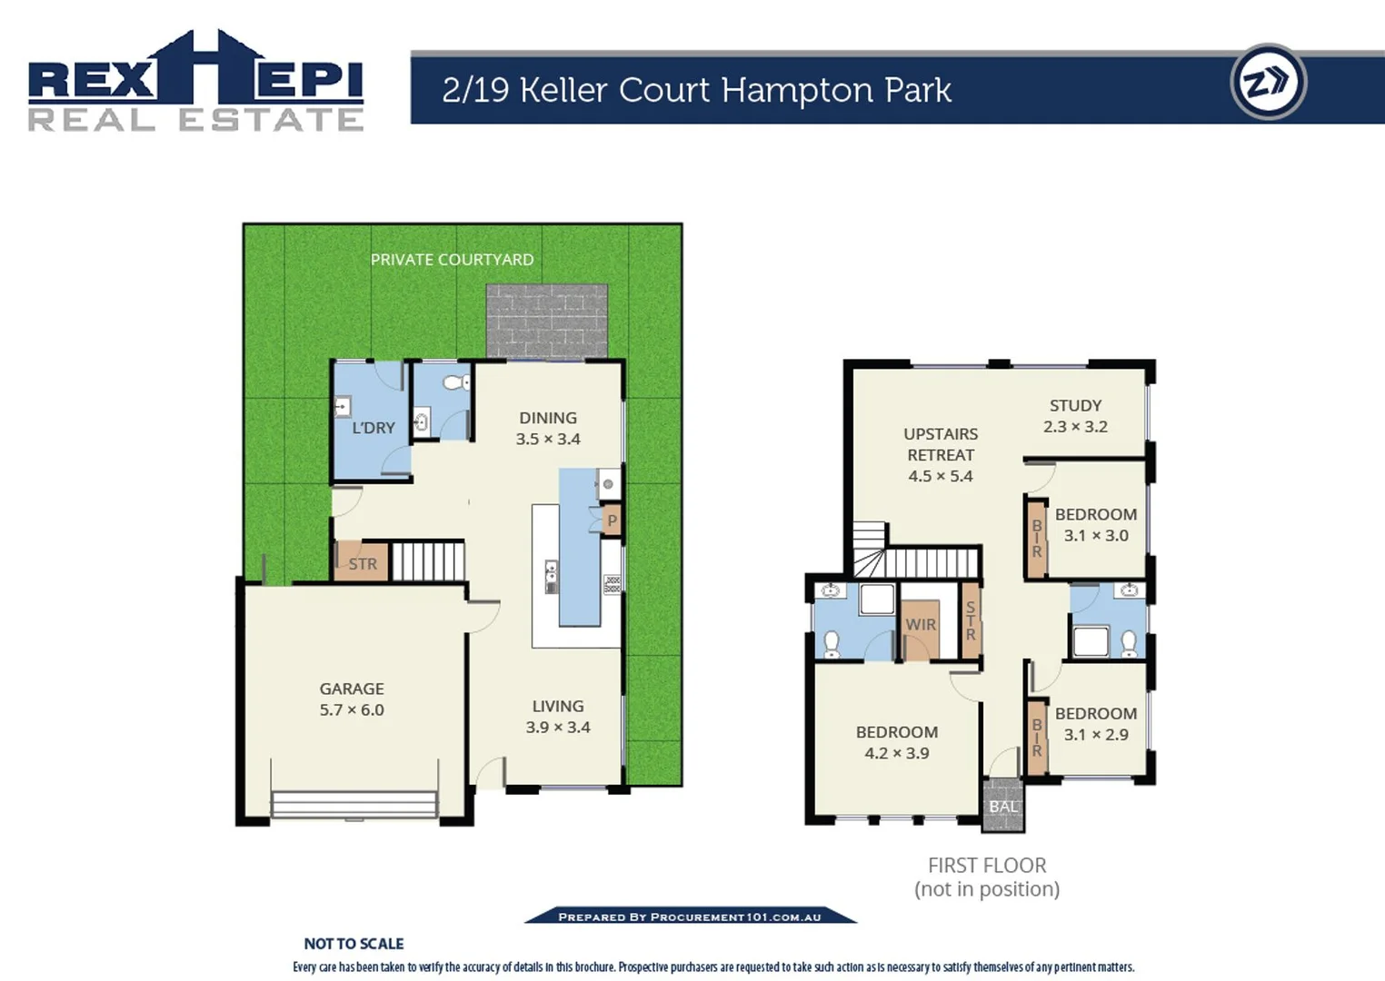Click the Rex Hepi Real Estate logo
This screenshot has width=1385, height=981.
point(195,82)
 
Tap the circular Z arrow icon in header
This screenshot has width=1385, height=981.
point(1268,82)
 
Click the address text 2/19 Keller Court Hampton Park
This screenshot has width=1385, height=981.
point(696,90)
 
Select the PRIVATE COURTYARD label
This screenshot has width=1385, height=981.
point(452,260)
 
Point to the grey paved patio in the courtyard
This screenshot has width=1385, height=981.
point(546,321)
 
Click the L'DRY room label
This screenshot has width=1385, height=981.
point(374,428)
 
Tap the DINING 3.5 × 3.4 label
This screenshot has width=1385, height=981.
point(548,428)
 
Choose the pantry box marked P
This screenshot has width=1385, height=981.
point(612,521)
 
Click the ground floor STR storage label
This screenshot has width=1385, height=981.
point(363,564)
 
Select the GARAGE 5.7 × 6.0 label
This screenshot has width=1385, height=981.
point(352,699)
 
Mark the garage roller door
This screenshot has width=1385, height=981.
point(354,805)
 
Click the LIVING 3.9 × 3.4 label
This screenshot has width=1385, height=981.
point(558,717)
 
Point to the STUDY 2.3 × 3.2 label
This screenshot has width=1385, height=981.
point(1075,416)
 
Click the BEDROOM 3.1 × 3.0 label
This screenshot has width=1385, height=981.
point(1096,525)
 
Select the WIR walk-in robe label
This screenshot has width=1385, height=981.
point(920,625)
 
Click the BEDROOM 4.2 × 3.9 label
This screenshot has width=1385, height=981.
point(897,742)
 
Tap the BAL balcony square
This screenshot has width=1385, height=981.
point(1003,807)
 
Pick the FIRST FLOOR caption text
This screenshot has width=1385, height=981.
point(987,866)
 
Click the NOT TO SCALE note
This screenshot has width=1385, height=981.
point(354,944)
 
